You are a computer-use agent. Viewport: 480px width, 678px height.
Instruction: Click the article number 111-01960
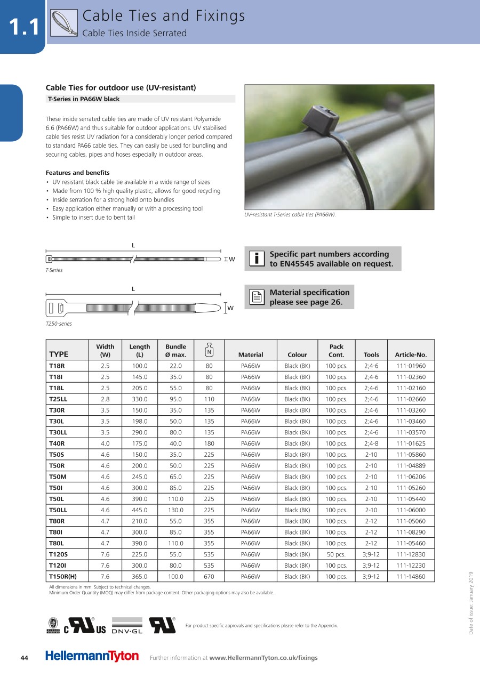pyautogui.click(x=411, y=366)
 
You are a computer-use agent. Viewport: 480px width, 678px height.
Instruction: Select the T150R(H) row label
pyautogui.click(x=63, y=576)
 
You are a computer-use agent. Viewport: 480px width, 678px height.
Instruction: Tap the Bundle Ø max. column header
pyautogui.click(x=175, y=350)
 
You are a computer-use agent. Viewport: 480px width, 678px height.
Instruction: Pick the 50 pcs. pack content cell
pyautogui.click(x=336, y=554)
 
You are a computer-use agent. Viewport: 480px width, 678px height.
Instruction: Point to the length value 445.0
pyautogui.click(x=140, y=510)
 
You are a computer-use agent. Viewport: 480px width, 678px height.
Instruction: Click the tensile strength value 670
pyautogui.click(x=209, y=576)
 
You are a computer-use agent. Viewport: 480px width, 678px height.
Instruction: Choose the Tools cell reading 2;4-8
pyautogui.click(x=371, y=443)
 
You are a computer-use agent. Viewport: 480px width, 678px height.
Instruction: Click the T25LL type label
pyautogui.click(x=58, y=399)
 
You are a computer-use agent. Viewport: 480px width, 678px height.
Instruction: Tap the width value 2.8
pyautogui.click(x=105, y=399)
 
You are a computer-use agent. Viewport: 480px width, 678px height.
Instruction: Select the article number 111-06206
pyautogui.click(x=411, y=477)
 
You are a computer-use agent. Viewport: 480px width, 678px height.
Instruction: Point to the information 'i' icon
pyautogui.click(x=257, y=259)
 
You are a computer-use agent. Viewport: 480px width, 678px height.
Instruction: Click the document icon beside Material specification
pyautogui.click(x=257, y=297)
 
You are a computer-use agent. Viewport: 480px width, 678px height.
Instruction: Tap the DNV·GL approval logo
pyautogui.click(x=127, y=626)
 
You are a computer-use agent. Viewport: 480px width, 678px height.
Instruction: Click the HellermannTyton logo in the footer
pyautogui.click(x=92, y=656)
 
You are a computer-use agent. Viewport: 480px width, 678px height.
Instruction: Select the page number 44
pyautogui.click(x=24, y=658)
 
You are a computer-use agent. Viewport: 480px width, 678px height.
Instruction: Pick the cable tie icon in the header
pyautogui.click(x=64, y=24)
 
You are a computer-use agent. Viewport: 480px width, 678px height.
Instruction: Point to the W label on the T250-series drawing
pyautogui.click(x=230, y=308)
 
